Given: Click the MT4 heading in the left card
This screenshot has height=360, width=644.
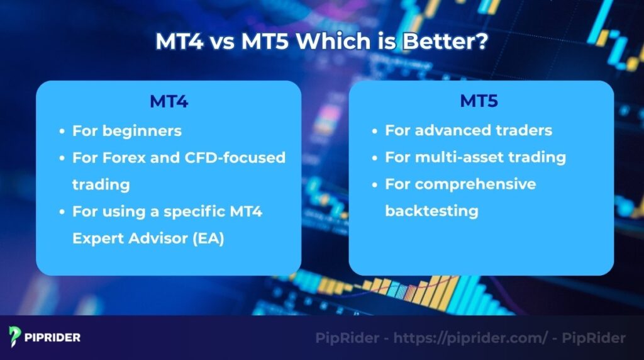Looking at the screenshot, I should click(169, 101).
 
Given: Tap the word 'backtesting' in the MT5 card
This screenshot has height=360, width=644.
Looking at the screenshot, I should click(431, 210).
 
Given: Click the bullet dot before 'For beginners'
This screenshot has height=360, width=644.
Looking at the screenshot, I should click(62, 132).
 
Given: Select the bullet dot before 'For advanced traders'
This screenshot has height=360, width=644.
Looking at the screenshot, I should click(374, 131).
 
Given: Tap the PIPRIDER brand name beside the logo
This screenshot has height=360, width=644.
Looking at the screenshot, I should click(53, 338).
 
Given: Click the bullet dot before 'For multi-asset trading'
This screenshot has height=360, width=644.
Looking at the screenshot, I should click(374, 157).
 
